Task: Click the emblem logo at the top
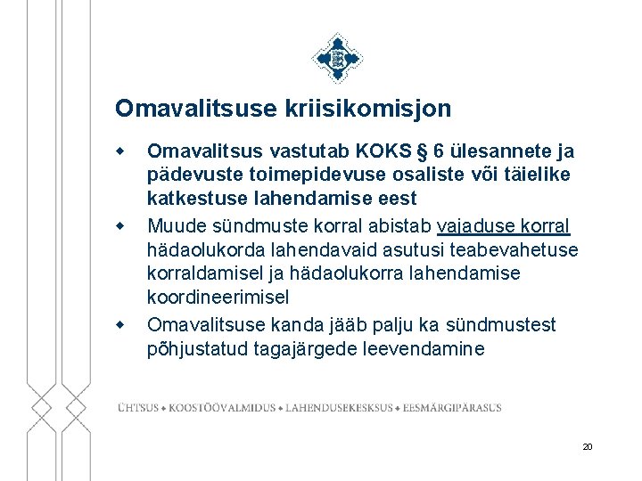coord(337,59)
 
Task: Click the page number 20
coord(587,446)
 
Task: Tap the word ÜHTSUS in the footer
coord(138,408)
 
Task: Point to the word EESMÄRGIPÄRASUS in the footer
coord(452,408)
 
